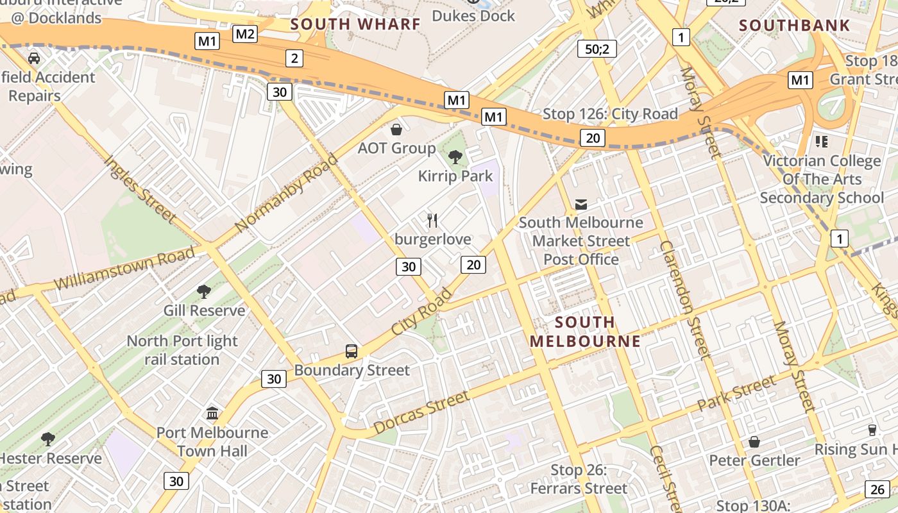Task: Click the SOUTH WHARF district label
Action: coord(355,24)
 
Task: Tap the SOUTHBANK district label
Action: coord(794,26)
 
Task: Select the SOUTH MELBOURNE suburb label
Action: coord(585,332)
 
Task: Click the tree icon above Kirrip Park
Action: coord(455,156)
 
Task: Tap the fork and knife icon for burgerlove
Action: coord(433,221)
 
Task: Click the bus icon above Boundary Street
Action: coord(352,351)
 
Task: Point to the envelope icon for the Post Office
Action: coord(581,204)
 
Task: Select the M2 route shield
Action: coord(244,34)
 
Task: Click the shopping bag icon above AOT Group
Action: coord(396,130)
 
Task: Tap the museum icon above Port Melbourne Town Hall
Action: coord(212,413)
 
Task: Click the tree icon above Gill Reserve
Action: coord(204,292)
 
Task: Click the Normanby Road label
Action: coord(285,193)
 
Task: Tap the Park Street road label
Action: coord(736,394)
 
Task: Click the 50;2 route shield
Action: coord(597,49)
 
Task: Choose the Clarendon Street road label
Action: coord(686,298)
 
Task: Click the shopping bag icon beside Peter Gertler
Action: coord(754,442)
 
